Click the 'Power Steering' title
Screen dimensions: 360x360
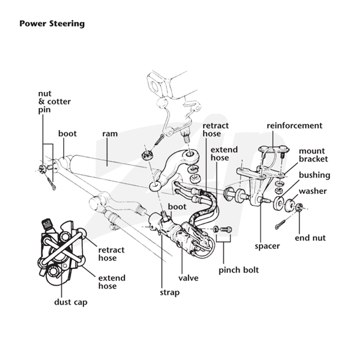(x=52, y=24)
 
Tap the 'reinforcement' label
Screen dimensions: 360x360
(x=295, y=126)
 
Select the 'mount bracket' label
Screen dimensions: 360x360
(x=313, y=155)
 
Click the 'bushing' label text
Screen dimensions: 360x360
(x=314, y=175)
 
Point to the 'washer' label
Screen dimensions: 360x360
(x=313, y=191)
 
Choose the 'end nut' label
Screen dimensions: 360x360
(x=310, y=238)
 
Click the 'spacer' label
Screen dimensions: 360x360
(x=267, y=246)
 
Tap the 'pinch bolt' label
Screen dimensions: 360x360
(x=238, y=270)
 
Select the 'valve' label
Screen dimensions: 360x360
(x=188, y=278)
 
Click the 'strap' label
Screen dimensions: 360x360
(x=170, y=293)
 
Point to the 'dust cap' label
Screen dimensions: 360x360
(x=71, y=302)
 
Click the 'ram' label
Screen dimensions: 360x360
(x=110, y=134)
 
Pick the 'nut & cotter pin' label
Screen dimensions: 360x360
(x=54, y=102)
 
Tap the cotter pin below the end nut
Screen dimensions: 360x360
(x=280, y=224)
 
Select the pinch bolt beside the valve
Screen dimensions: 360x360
(x=226, y=229)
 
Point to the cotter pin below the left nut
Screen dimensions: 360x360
(x=52, y=183)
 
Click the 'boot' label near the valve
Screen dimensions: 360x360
(x=177, y=207)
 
